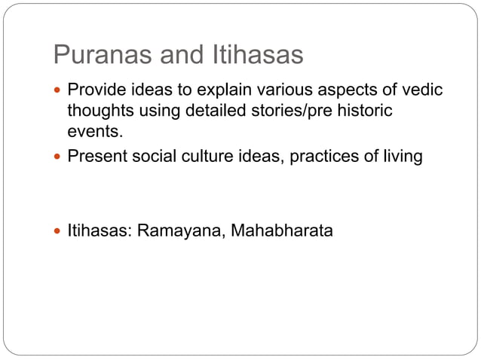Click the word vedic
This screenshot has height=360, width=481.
click(x=421, y=91)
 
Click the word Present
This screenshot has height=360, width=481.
click(x=96, y=157)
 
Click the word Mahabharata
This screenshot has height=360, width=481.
click(x=282, y=230)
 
